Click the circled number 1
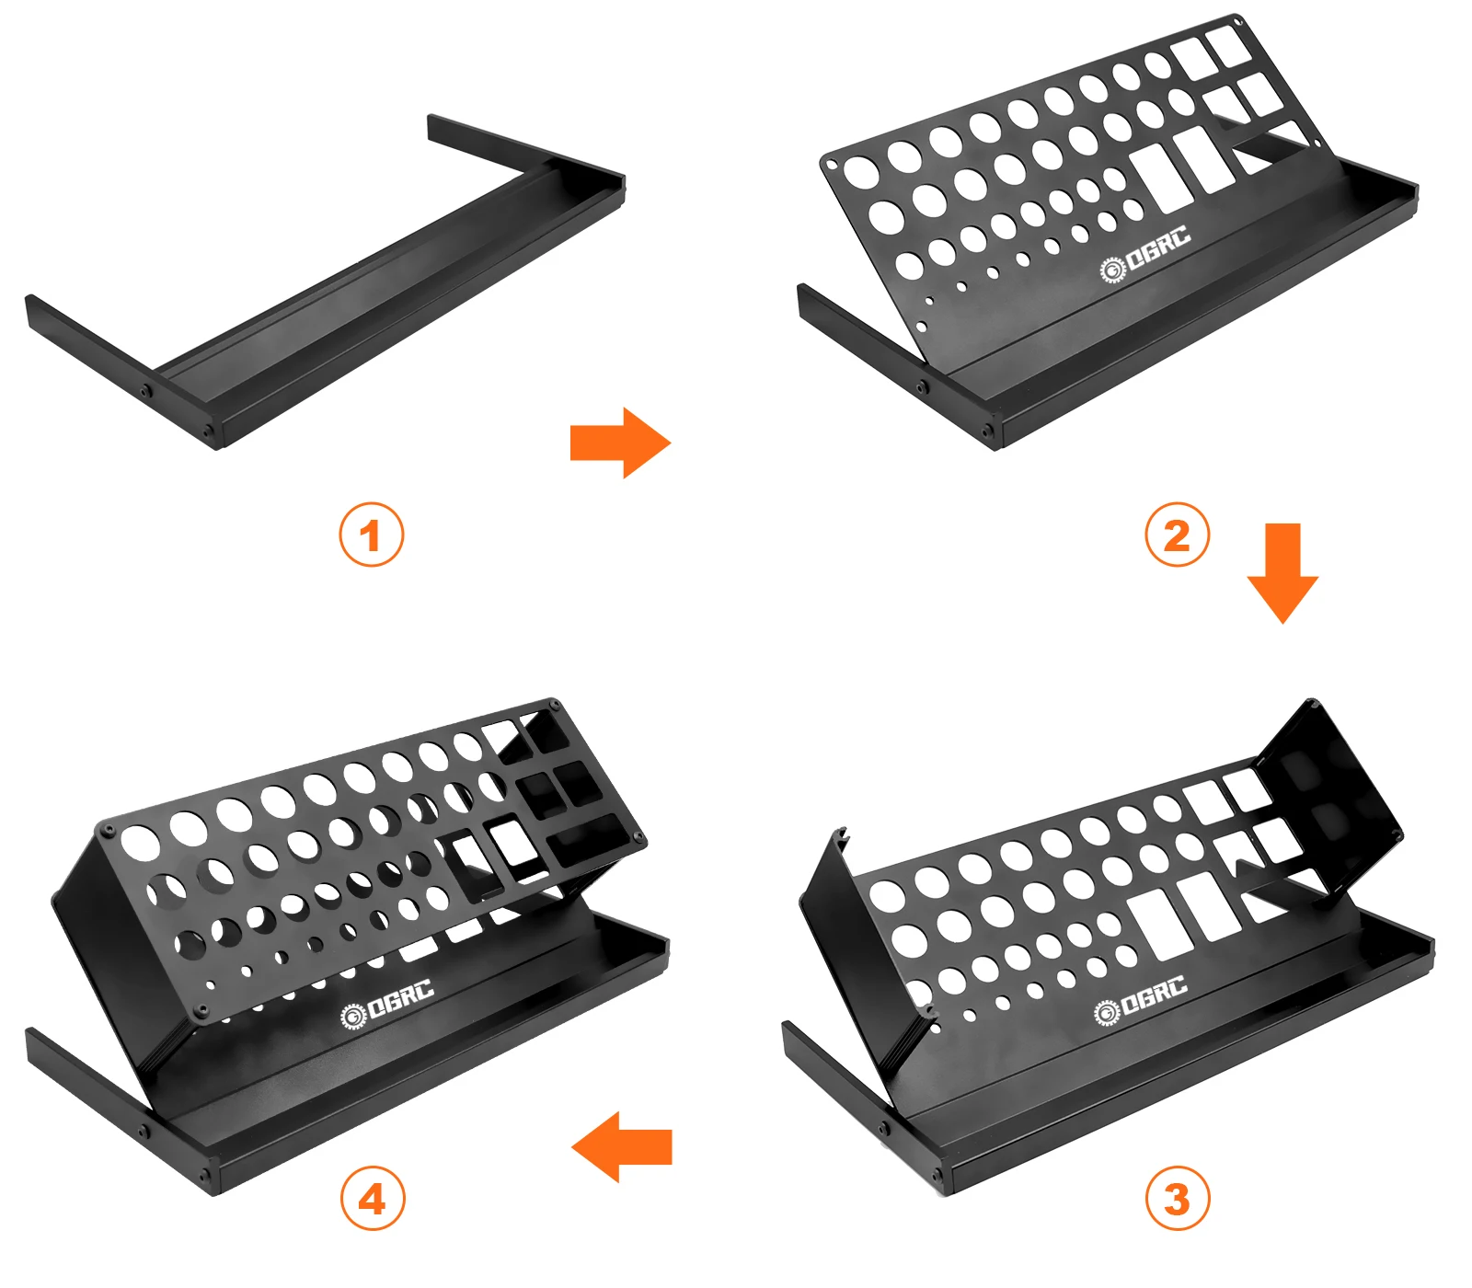point(371,535)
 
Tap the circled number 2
point(1177,535)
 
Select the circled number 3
point(1177,1199)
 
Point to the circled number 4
point(373,1199)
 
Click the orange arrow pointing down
point(1282,572)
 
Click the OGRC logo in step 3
point(1141,1000)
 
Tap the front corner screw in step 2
point(987,431)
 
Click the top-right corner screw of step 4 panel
point(555,705)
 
